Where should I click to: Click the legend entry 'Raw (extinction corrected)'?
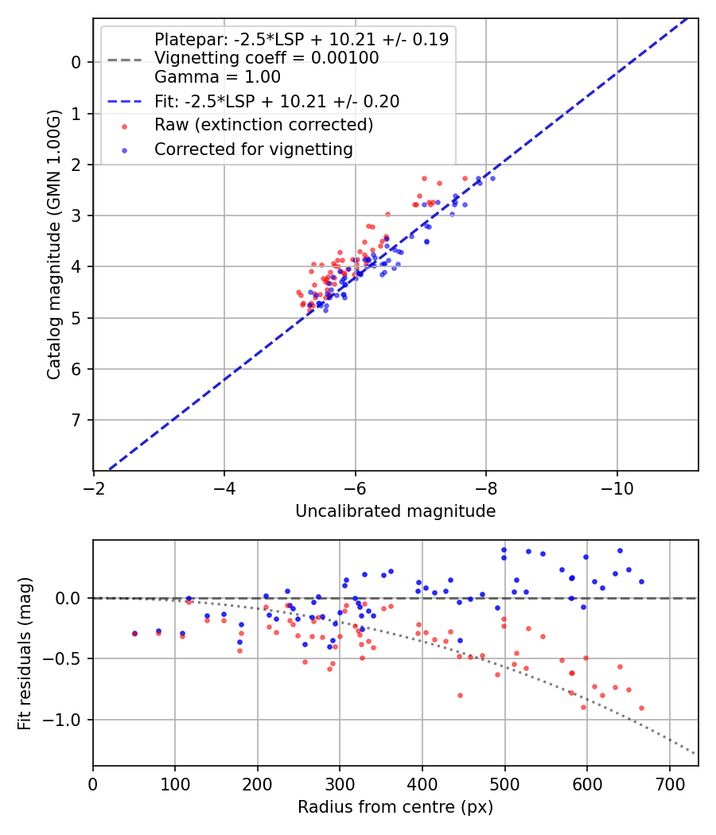(263, 125)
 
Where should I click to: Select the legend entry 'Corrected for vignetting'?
(253, 149)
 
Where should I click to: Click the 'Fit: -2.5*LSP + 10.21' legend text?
(276, 101)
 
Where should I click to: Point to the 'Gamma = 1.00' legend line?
(217, 77)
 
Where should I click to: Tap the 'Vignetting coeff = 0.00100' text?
(267, 58)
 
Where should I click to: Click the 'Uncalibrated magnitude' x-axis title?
(395, 511)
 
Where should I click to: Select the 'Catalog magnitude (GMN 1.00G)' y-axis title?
(53, 244)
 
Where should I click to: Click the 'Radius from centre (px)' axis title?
(395, 807)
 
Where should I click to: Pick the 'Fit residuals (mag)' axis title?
(25, 653)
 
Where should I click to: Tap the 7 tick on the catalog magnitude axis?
(76, 420)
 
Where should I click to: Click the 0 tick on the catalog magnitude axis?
(76, 62)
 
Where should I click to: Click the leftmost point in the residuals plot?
(134, 634)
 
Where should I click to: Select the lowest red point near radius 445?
(460, 695)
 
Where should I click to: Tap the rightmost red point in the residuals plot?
(641, 708)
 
